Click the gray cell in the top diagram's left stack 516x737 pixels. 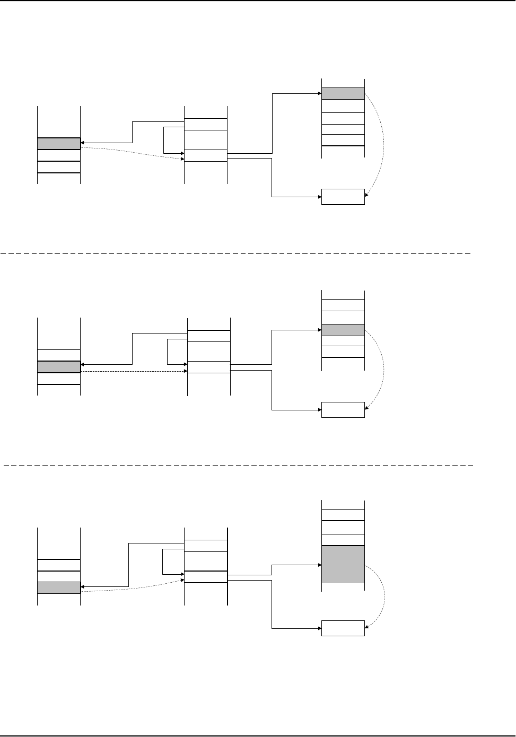coord(59,143)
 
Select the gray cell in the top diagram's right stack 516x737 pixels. coord(343,93)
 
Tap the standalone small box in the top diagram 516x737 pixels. coord(343,197)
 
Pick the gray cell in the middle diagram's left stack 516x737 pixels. coord(59,366)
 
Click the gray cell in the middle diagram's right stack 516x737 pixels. coord(343,329)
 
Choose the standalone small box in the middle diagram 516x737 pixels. coord(343,410)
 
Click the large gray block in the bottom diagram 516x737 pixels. coord(343,565)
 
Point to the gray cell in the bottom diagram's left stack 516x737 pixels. coord(59,587)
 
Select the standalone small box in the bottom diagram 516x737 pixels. coord(343,628)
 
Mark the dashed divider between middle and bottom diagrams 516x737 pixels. coord(239,464)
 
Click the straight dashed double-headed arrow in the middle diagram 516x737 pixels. coord(133,372)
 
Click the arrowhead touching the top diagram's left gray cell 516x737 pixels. coord(83,143)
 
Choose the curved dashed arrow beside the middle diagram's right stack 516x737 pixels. coord(383,366)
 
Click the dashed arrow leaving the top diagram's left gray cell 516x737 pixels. coord(133,153)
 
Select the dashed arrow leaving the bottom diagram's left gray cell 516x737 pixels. coord(133,587)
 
